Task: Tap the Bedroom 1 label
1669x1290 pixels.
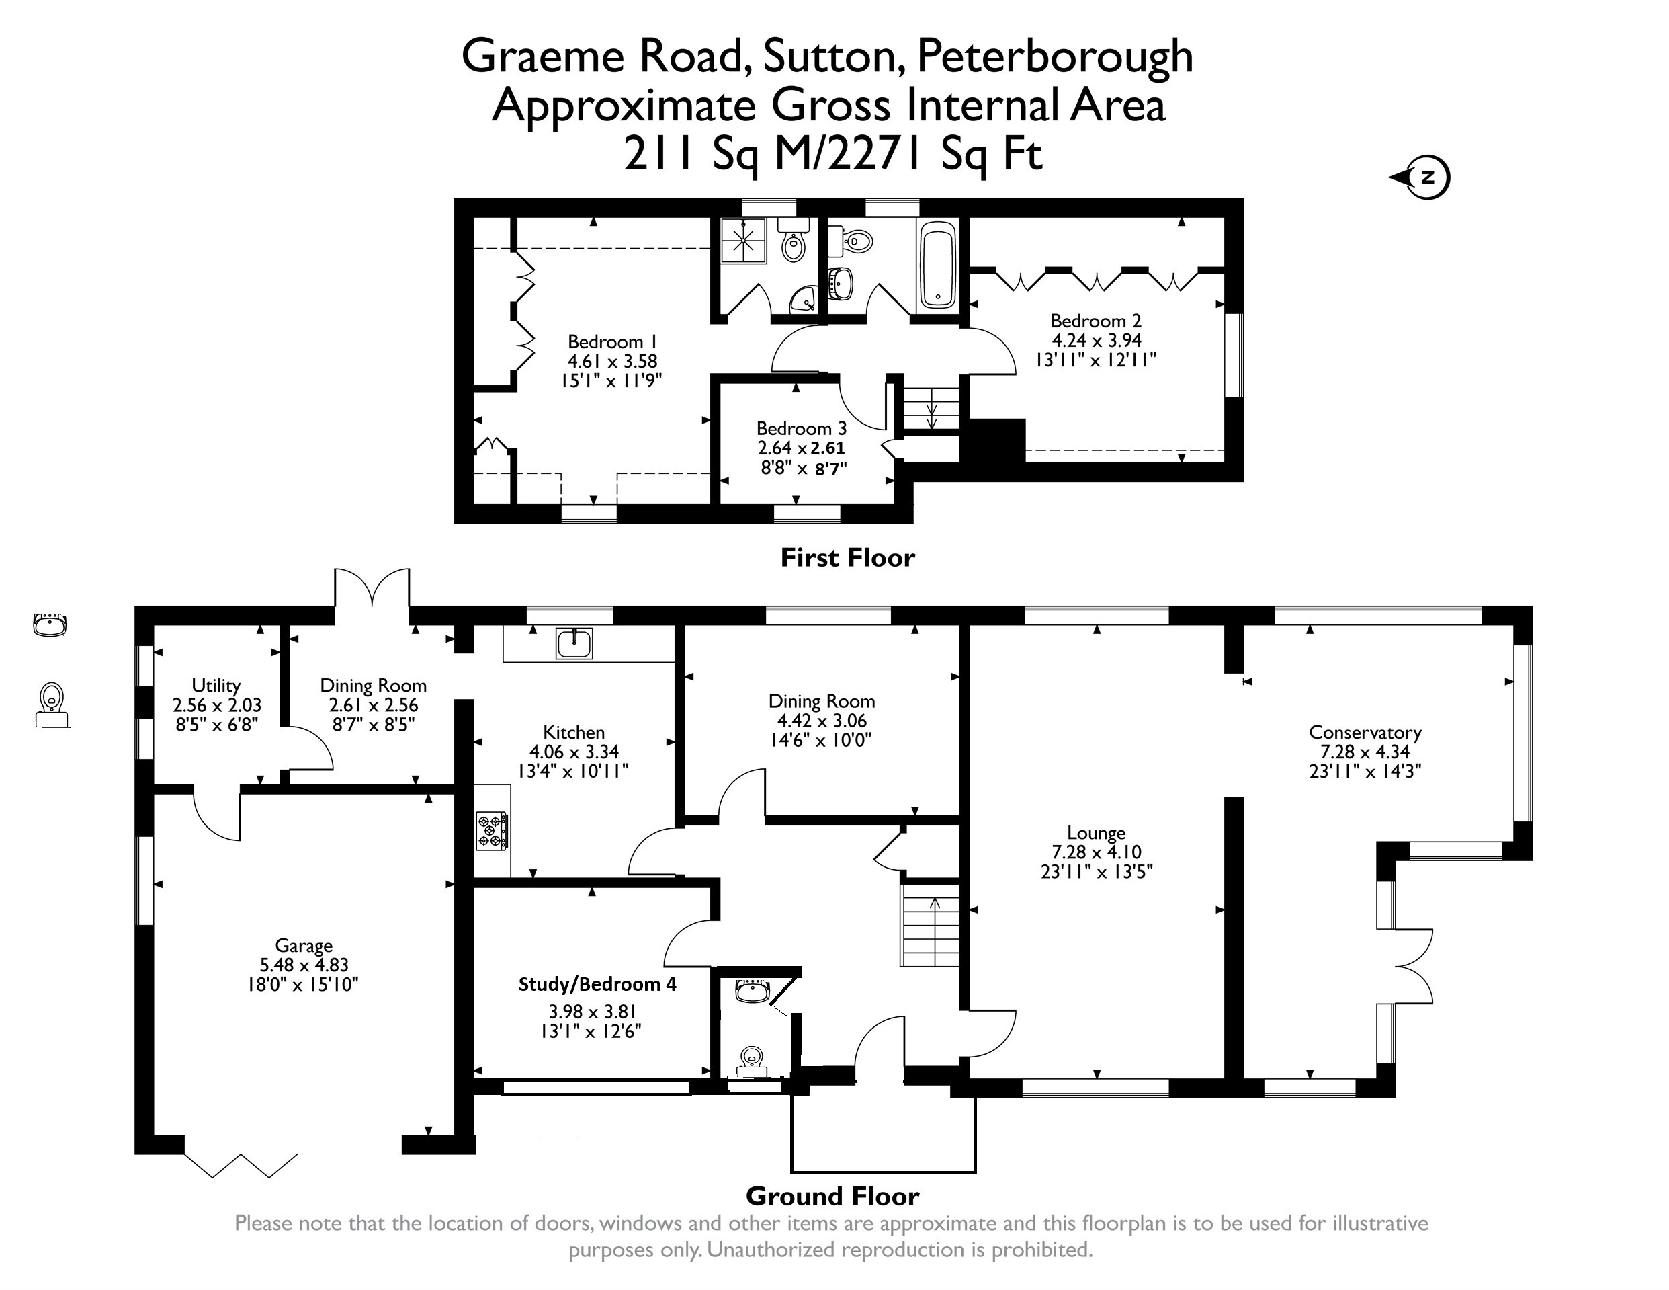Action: tap(612, 341)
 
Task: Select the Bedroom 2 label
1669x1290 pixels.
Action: tap(1096, 321)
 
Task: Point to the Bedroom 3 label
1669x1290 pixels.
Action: tap(802, 428)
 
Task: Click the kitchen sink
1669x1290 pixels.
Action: tap(574, 643)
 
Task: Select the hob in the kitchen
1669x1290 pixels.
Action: tap(492, 831)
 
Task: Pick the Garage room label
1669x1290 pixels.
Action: tap(304, 946)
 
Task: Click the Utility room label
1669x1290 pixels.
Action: tap(216, 685)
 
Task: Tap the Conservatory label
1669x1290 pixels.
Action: tap(1365, 733)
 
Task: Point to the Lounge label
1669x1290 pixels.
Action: tap(1097, 833)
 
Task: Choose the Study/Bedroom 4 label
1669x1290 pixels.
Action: tap(597, 984)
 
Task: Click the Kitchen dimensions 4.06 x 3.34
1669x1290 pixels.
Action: tap(574, 752)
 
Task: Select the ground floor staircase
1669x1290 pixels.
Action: tap(931, 925)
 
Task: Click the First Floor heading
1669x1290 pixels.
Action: tap(847, 557)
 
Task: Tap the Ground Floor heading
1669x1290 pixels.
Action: tap(832, 1195)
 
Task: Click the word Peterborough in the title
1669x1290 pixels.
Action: tap(1055, 57)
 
